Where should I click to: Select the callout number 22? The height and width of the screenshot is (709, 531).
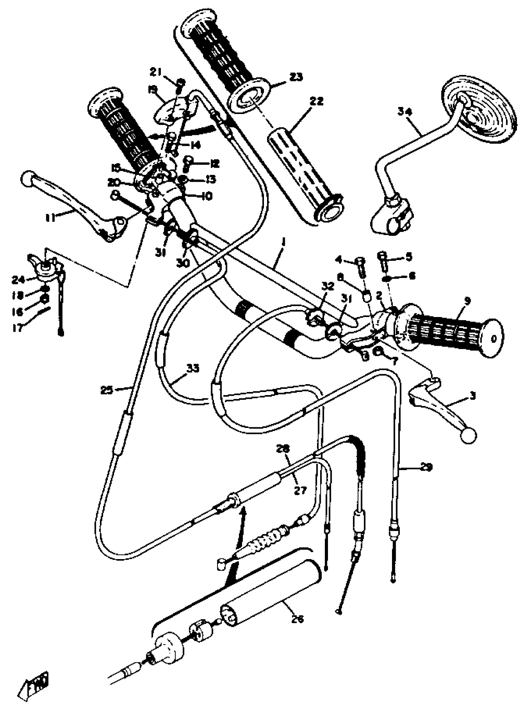click(316, 101)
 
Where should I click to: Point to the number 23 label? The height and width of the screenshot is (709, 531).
click(295, 77)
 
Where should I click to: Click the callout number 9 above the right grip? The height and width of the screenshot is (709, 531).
click(467, 301)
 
